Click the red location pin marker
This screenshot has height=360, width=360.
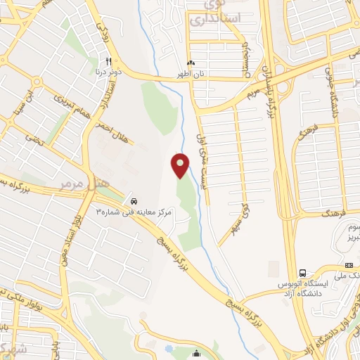(x=181, y=165)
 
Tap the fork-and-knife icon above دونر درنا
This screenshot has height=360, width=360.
(x=109, y=60)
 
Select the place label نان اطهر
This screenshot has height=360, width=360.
(x=189, y=72)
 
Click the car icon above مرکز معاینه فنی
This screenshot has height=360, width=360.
(x=134, y=200)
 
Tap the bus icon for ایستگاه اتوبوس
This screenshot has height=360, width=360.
(x=302, y=273)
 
